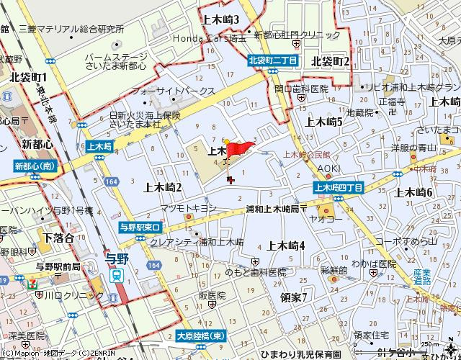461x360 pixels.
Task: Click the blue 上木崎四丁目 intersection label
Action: click(339, 187)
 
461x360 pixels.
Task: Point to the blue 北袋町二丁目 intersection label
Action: click(272, 62)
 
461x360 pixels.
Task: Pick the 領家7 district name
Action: click(294, 297)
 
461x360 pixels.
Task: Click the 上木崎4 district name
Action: click(286, 246)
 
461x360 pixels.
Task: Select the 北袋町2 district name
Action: click(331, 62)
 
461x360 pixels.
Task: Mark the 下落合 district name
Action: click(58, 238)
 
